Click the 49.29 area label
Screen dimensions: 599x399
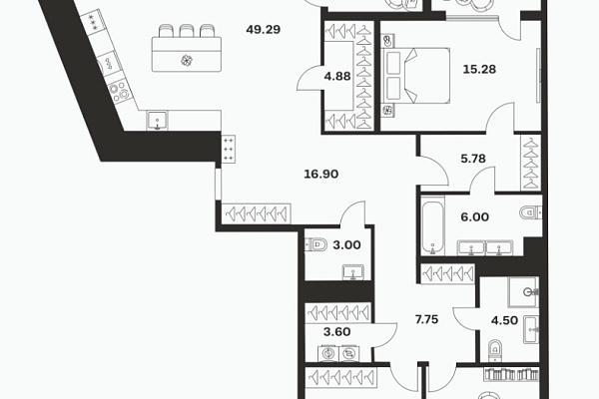click(264, 29)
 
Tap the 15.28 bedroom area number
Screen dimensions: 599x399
click(479, 69)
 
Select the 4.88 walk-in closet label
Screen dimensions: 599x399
click(337, 77)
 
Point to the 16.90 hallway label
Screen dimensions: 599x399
click(320, 175)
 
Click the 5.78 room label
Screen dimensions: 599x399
click(473, 158)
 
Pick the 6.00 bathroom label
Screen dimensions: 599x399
click(474, 216)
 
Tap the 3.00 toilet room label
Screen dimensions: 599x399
click(346, 245)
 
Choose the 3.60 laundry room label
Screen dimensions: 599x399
click(337, 332)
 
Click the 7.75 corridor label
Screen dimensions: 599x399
click(426, 319)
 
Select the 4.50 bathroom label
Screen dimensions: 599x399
click(504, 320)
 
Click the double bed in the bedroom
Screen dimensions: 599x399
click(415, 76)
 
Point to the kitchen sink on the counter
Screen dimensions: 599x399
click(158, 121)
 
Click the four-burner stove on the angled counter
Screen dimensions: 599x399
click(119, 92)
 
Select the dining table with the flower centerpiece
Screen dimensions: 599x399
click(187, 54)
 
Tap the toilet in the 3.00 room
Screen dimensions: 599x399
click(315, 244)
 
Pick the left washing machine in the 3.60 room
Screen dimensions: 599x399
click(327, 353)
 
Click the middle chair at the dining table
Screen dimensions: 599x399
click(187, 31)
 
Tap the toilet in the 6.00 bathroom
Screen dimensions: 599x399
click(531, 211)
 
